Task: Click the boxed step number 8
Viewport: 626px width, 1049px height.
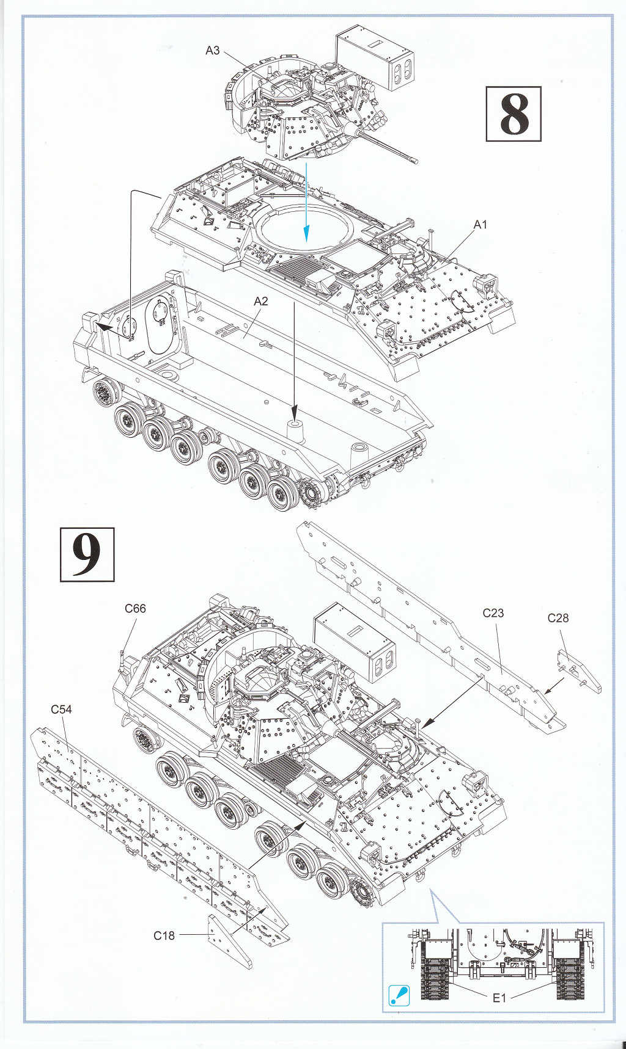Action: coord(514,114)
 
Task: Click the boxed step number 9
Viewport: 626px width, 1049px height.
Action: coord(87,554)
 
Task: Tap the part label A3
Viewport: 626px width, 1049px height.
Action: coord(212,50)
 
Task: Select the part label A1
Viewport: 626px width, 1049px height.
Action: coord(481,225)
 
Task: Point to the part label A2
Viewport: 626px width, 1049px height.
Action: coord(261,301)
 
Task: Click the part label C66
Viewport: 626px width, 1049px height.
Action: coord(135,608)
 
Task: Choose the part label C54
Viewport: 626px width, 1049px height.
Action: coord(61,709)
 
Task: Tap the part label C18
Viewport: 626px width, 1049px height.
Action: coord(164,935)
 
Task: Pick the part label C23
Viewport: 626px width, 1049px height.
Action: coord(493,613)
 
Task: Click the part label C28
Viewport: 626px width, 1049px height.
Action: coord(558,618)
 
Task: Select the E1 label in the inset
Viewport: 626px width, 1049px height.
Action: coord(499,998)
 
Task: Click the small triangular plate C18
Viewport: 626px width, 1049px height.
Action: coord(230,942)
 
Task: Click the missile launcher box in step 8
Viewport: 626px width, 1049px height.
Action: coord(375,58)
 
